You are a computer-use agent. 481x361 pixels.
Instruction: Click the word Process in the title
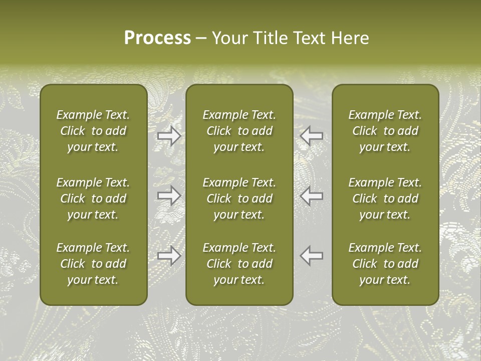[x=157, y=38]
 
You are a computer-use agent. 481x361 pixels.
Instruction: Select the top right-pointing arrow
[x=169, y=136]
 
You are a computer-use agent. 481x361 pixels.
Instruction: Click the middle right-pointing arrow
[x=169, y=196]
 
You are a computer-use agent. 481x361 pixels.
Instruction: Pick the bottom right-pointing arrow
[x=169, y=256]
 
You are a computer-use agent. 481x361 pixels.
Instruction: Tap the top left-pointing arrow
[x=311, y=136]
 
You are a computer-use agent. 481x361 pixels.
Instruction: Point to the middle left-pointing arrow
[x=311, y=196]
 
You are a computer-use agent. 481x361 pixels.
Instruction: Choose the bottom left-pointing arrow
[x=311, y=256]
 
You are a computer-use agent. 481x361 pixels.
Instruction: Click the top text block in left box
[x=93, y=131]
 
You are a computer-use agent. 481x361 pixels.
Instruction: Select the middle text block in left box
[x=93, y=199]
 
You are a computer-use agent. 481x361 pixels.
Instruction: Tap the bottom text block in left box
[x=93, y=264]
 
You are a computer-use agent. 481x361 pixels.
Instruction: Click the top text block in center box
[x=239, y=131]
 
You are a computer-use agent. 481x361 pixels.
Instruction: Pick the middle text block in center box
[x=239, y=199]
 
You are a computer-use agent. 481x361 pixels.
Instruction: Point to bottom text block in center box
[x=239, y=264]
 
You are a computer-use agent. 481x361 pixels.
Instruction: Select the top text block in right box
[x=385, y=131]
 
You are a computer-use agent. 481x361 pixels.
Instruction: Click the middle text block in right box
[x=385, y=199]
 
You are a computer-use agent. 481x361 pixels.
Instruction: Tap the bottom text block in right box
[x=385, y=264]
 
